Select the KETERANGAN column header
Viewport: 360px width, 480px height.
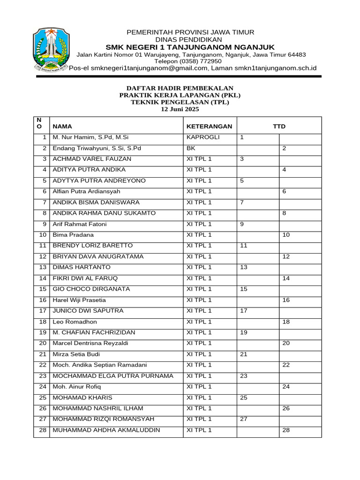pyautogui.click(x=209, y=127)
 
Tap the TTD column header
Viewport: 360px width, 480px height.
pyautogui.click(x=279, y=127)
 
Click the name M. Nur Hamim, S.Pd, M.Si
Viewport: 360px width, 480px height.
pyautogui.click(x=90, y=137)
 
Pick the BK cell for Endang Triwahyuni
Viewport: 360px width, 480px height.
pyautogui.click(x=191, y=148)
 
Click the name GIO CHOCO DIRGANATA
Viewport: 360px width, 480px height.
pyautogui.click(x=91, y=289)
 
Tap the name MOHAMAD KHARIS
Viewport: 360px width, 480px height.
pyautogui.click(x=76, y=397)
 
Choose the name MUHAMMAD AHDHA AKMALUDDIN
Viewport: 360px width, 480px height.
pyautogui.click(x=106, y=430)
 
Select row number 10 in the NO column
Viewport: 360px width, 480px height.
pyautogui.click(x=43, y=235)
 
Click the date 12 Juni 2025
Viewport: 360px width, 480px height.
pyautogui.click(x=180, y=109)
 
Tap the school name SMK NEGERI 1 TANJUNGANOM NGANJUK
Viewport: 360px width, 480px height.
pyautogui.click(x=190, y=47)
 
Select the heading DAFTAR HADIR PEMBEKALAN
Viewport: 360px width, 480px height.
pyautogui.click(x=180, y=88)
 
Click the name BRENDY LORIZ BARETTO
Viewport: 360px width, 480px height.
pyautogui.click(x=92, y=246)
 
